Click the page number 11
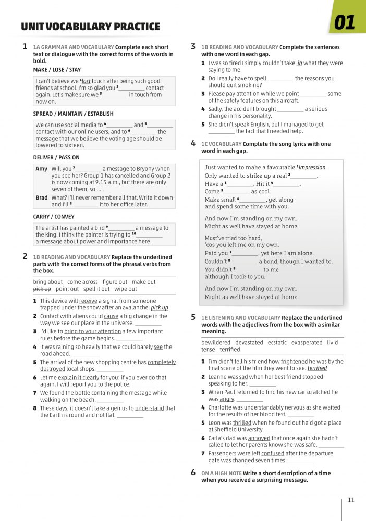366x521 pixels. click(x=351, y=500)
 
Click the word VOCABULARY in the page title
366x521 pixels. click(x=83, y=27)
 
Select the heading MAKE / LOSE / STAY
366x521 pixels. click(x=57, y=70)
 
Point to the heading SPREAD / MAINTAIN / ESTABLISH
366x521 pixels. click(x=73, y=114)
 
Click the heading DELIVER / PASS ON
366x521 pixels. click(x=56, y=157)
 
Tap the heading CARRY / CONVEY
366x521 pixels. click(x=54, y=217)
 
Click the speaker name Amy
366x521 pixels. click(x=41, y=169)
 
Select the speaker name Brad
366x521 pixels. click(x=42, y=198)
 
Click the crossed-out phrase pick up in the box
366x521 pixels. click(x=42, y=289)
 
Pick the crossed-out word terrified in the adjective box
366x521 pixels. click(x=230, y=350)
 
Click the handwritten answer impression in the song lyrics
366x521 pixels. click(x=312, y=168)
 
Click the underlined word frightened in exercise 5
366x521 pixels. click(x=294, y=361)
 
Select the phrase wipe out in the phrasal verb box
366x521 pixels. click(x=126, y=289)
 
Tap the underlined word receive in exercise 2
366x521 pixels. click(x=88, y=301)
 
